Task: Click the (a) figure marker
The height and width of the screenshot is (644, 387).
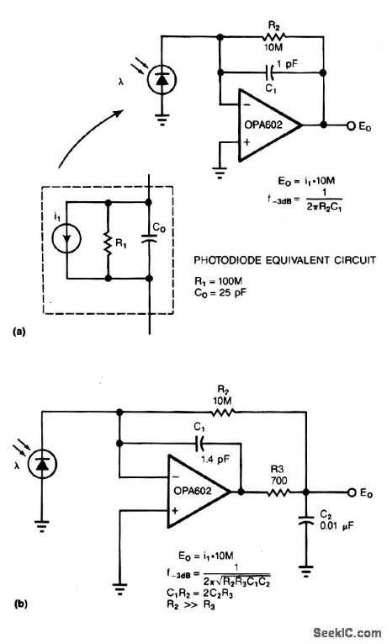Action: (19, 333)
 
